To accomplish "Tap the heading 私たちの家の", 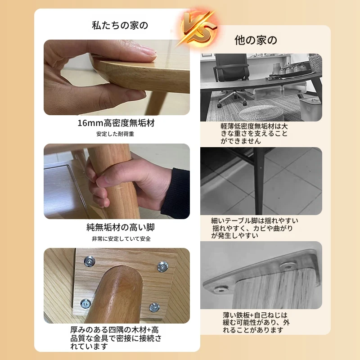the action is point(120,25).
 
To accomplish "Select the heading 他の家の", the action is point(256,40).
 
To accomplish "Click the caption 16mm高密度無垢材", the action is point(116,123).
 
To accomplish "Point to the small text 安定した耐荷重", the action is point(115,134).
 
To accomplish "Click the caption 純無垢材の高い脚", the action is point(121,227).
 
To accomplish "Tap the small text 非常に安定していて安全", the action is point(121,239).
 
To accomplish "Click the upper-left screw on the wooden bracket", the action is point(90,261).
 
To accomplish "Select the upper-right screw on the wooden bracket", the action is point(162,267).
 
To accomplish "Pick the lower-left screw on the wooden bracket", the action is point(85,304).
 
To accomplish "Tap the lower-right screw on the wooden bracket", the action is point(154,307).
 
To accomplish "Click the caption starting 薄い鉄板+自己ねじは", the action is point(256,323).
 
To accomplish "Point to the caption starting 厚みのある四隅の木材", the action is point(116,338).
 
